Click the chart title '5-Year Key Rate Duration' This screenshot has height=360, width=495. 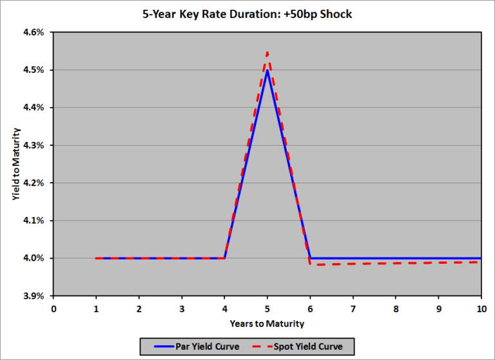pyautogui.click(x=247, y=14)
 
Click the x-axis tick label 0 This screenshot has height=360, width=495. pyautogui.click(x=53, y=309)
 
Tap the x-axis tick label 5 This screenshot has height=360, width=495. pyautogui.click(x=267, y=309)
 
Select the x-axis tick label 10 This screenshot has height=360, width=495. pyautogui.click(x=481, y=309)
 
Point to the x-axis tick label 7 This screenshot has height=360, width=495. pyautogui.click(x=353, y=309)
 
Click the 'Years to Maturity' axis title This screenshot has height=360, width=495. pyautogui.click(x=267, y=323)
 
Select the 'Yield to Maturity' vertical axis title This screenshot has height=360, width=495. pyautogui.click(x=15, y=164)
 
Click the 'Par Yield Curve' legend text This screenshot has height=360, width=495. pyautogui.click(x=208, y=346)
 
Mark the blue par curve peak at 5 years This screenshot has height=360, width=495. pyautogui.click(x=267, y=70)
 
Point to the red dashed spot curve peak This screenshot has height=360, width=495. pyautogui.click(x=267, y=52)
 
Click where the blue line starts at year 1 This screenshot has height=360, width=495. pyautogui.click(x=96, y=258)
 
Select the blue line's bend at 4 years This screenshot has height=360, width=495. pyautogui.click(x=224, y=258)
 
